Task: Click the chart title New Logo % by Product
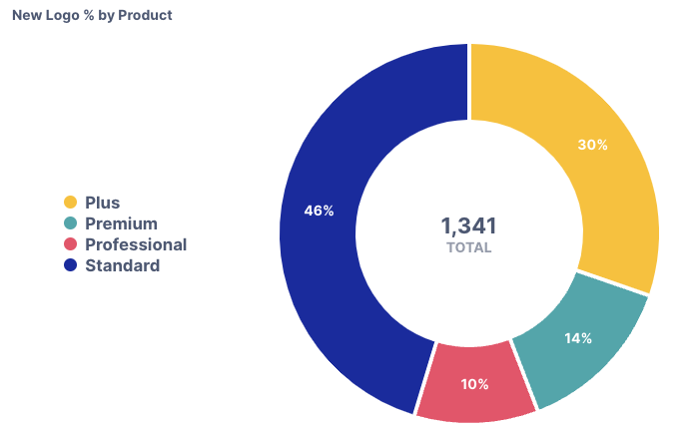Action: click(x=92, y=16)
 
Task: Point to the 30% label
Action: click(x=592, y=145)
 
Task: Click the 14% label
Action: click(x=577, y=338)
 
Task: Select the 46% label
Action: click(x=319, y=211)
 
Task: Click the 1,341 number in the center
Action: click(x=469, y=225)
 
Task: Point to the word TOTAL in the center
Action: click(x=469, y=247)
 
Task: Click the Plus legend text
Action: click(x=103, y=203)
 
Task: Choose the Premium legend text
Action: click(x=121, y=223)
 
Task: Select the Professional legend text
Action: click(x=136, y=244)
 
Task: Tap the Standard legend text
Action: click(x=123, y=265)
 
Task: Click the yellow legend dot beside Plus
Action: click(x=71, y=203)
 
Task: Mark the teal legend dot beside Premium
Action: click(x=71, y=223)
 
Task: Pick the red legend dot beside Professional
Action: click(x=71, y=244)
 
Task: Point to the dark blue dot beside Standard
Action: click(x=71, y=265)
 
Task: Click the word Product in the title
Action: click(x=148, y=16)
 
